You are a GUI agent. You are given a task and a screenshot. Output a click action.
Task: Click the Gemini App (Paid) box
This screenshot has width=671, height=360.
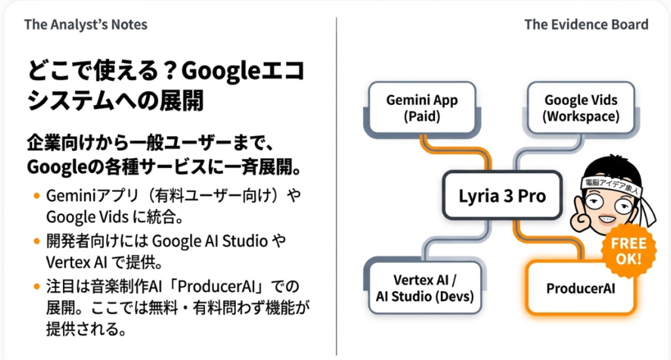422,109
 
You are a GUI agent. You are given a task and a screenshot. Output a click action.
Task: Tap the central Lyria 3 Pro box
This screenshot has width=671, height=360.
502,195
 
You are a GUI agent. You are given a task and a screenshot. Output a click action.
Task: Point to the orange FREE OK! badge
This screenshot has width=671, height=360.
627,249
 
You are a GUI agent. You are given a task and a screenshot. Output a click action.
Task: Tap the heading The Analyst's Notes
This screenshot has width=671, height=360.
86,25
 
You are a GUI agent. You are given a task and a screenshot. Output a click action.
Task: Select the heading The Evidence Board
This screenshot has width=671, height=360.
586,25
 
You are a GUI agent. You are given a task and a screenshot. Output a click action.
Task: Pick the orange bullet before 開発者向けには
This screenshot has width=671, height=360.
35,241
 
